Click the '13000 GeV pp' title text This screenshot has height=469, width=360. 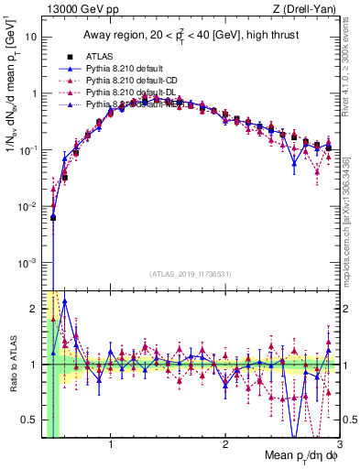tap(77, 9)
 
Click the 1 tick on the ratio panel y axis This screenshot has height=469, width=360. tap(34, 365)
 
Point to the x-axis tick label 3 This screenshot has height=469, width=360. tap(339, 420)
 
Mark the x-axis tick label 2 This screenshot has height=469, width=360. tap(225, 420)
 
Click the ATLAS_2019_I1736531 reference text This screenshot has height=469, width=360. tap(190, 274)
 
